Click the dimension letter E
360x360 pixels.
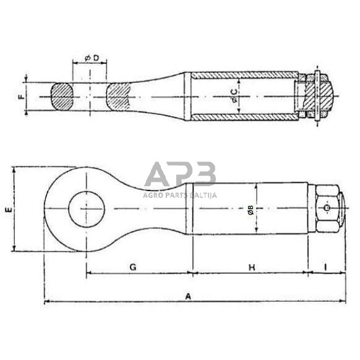pos(7,210)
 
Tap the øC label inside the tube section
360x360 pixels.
pos(233,95)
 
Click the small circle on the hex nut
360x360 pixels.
pos(327,209)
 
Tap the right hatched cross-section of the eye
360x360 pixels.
pos(119,97)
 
